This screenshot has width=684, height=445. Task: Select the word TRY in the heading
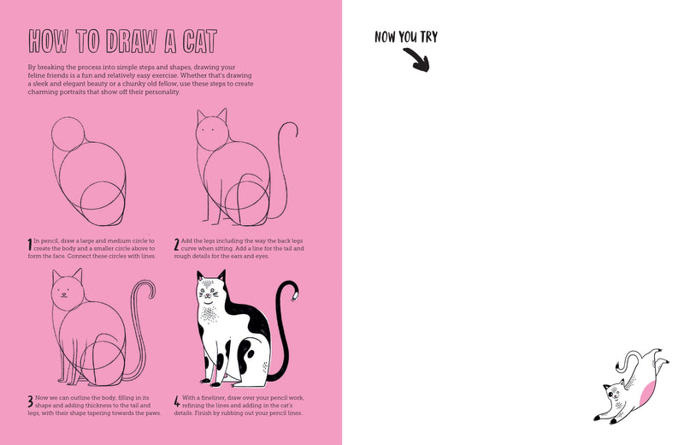pyautogui.click(x=425, y=37)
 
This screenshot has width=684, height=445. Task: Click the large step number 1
pyautogui.click(x=30, y=246)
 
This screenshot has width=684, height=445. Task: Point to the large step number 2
pyautogui.click(x=177, y=246)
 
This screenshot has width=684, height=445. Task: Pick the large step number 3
pyautogui.click(x=30, y=400)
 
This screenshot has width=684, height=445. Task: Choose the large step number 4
pyautogui.click(x=177, y=400)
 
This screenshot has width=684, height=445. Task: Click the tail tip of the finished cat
pyautogui.click(x=295, y=296)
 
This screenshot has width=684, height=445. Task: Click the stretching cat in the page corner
pyautogui.click(x=630, y=386)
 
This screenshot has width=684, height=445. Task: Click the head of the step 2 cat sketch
pyautogui.click(x=212, y=133)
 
